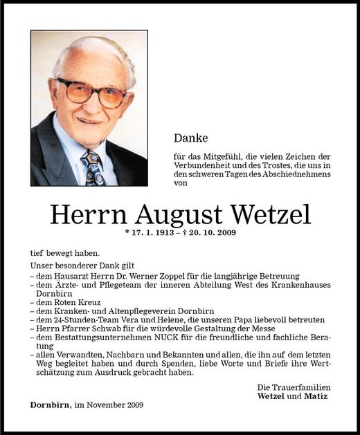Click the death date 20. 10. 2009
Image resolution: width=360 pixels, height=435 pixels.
pyautogui.click(x=208, y=233)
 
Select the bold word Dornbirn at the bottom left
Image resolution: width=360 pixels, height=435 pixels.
pyautogui.click(x=50, y=405)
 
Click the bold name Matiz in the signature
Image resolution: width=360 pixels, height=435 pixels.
pyautogui.click(x=316, y=396)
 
